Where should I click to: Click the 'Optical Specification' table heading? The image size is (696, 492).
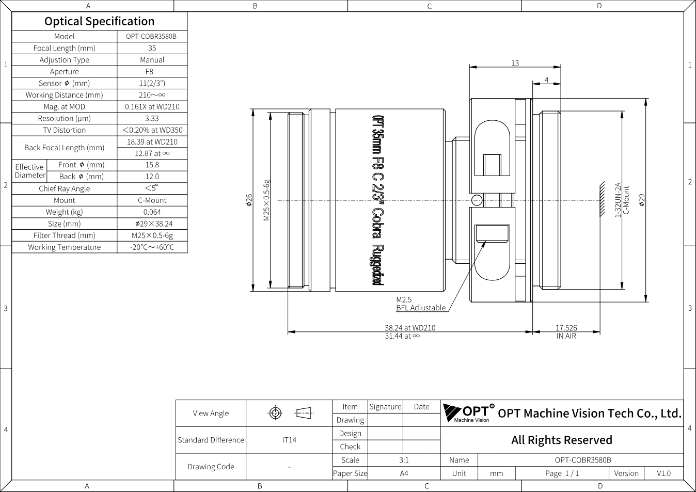click(100, 21)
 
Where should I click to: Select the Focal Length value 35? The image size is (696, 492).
click(152, 48)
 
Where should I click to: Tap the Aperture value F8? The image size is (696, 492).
click(149, 71)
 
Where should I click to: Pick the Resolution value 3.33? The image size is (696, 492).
click(152, 118)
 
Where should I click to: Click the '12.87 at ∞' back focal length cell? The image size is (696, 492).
click(152, 153)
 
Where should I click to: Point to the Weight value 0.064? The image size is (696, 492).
click(152, 212)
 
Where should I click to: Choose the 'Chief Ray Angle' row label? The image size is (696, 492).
click(65, 188)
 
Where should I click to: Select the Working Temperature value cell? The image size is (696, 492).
click(152, 247)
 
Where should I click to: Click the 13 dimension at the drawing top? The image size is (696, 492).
click(515, 63)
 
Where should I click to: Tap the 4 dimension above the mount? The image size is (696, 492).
click(547, 80)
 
